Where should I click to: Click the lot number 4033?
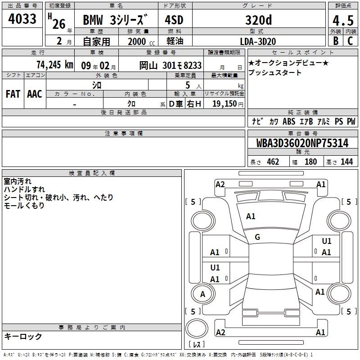pos(22,19)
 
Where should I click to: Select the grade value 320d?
pos(258,20)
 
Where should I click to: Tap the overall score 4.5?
pos(343,21)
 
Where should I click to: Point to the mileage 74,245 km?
pos(55,65)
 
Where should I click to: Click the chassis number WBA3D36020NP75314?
pos(302,143)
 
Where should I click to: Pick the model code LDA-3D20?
pos(258,41)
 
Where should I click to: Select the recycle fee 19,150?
pos(225,104)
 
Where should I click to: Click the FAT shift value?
pos(13,94)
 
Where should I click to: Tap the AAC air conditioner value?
pos(35,94)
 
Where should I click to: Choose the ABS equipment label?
pos(289,121)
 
